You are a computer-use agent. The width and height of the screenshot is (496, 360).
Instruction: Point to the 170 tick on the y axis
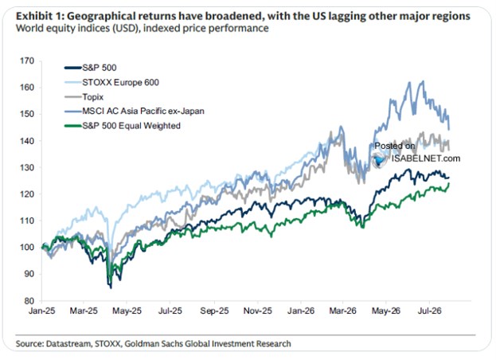pos(26,61)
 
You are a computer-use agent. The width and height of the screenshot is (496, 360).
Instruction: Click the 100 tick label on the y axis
pos(26,248)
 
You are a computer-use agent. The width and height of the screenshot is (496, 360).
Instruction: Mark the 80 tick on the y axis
pos(29,301)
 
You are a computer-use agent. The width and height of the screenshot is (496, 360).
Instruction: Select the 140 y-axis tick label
pos(26,141)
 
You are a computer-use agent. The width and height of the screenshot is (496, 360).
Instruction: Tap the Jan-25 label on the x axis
pos(41,311)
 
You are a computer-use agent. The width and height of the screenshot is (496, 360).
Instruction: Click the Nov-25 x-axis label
pos(257,311)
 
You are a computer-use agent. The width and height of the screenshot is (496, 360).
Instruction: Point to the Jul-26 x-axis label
pos(429,311)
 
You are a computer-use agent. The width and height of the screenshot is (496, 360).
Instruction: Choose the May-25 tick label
pos(127,311)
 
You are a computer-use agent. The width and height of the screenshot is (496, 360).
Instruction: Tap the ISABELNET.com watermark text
pos(426,158)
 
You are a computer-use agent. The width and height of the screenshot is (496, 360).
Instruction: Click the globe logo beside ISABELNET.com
pos(380,160)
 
